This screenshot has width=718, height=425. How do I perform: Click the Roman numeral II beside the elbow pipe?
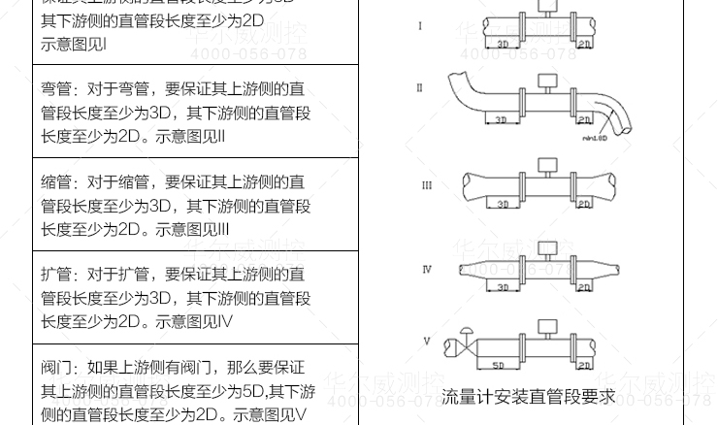[420, 88]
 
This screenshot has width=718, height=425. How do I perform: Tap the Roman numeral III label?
[427, 185]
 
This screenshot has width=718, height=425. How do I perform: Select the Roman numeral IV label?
[427, 269]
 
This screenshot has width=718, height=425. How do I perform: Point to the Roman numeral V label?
[427, 342]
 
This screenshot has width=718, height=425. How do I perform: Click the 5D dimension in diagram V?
[498, 366]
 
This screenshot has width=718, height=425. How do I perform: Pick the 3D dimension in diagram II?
[501, 120]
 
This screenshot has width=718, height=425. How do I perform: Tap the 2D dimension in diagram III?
[583, 205]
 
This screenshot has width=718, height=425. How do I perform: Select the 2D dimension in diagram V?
[583, 366]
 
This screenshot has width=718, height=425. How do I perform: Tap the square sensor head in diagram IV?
[547, 248]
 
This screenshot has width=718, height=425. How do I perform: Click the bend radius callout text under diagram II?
[594, 138]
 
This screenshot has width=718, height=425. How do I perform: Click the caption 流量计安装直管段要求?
[528, 397]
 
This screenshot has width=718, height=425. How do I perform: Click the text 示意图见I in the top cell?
[74, 44]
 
